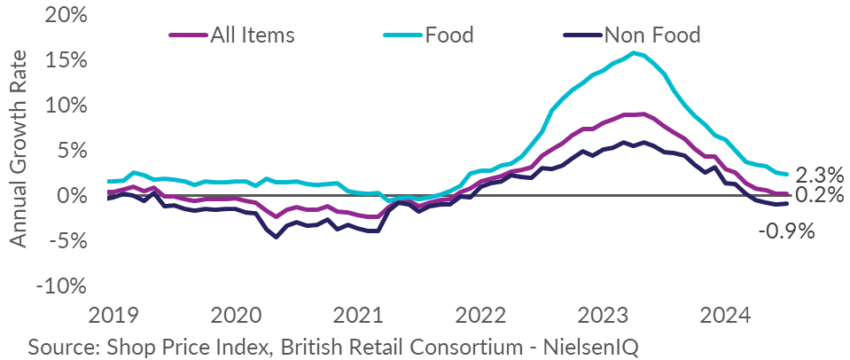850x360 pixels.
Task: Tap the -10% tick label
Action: pyautogui.click(x=60, y=286)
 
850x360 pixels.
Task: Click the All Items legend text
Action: pyautogui.click(x=252, y=35)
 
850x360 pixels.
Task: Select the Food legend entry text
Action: pyautogui.click(x=449, y=35)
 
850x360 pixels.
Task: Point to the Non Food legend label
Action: pyautogui.click(x=652, y=35)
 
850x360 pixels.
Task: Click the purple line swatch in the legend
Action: pyautogui.click(x=189, y=35)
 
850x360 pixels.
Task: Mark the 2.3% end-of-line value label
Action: pyautogui.click(x=819, y=175)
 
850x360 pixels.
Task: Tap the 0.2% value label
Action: pyautogui.click(x=819, y=195)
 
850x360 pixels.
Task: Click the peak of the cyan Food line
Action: pyautogui.click(x=633, y=52)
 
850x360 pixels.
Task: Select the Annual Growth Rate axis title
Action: pyautogui.click(x=19, y=149)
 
